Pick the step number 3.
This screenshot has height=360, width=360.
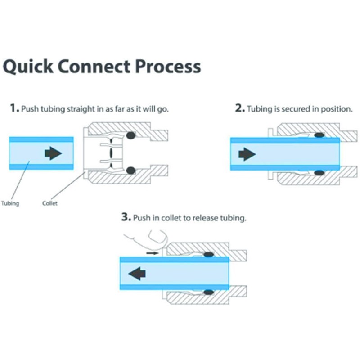(126, 218)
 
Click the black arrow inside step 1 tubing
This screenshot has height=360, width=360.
(53, 153)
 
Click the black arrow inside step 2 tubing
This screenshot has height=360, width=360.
(247, 155)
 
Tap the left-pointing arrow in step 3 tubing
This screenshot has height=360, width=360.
(137, 273)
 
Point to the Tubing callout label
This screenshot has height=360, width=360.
(10, 203)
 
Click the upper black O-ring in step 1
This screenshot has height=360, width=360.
(131, 135)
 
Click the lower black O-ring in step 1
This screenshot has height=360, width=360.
(131, 171)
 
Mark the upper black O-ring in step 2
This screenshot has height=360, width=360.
(320, 135)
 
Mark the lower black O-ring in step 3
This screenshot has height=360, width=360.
(208, 292)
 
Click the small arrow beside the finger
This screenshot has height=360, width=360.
(153, 253)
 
